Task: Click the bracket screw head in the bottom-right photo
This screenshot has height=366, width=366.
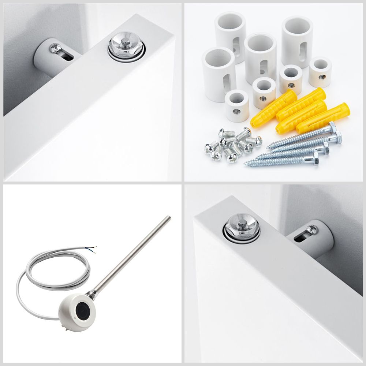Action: tap(312, 229)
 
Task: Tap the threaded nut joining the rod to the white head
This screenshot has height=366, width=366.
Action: tap(92, 295)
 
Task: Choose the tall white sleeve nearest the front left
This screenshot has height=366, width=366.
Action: tap(218, 74)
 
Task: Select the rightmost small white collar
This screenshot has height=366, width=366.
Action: tap(320, 72)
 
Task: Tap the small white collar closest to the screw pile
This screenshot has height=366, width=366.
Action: tap(237, 105)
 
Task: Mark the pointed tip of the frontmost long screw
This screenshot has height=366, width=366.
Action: tap(246, 162)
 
